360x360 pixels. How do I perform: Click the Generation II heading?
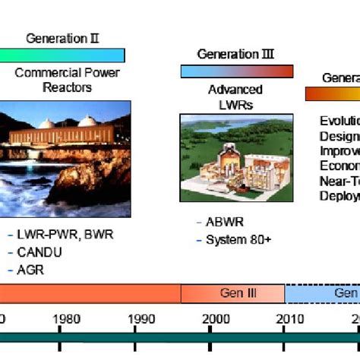pyautogui.click(x=62, y=38)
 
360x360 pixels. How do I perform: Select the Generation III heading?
pyautogui.click(x=235, y=54)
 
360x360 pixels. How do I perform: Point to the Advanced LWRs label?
pyautogui.click(x=235, y=96)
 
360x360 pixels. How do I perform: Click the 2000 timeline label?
pyautogui.click(x=215, y=319)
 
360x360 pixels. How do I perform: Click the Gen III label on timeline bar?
pyautogui.click(x=232, y=294)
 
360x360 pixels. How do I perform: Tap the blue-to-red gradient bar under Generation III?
pyautogui.click(x=236, y=71)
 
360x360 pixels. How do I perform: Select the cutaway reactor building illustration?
pyautogui.click(x=235, y=158)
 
